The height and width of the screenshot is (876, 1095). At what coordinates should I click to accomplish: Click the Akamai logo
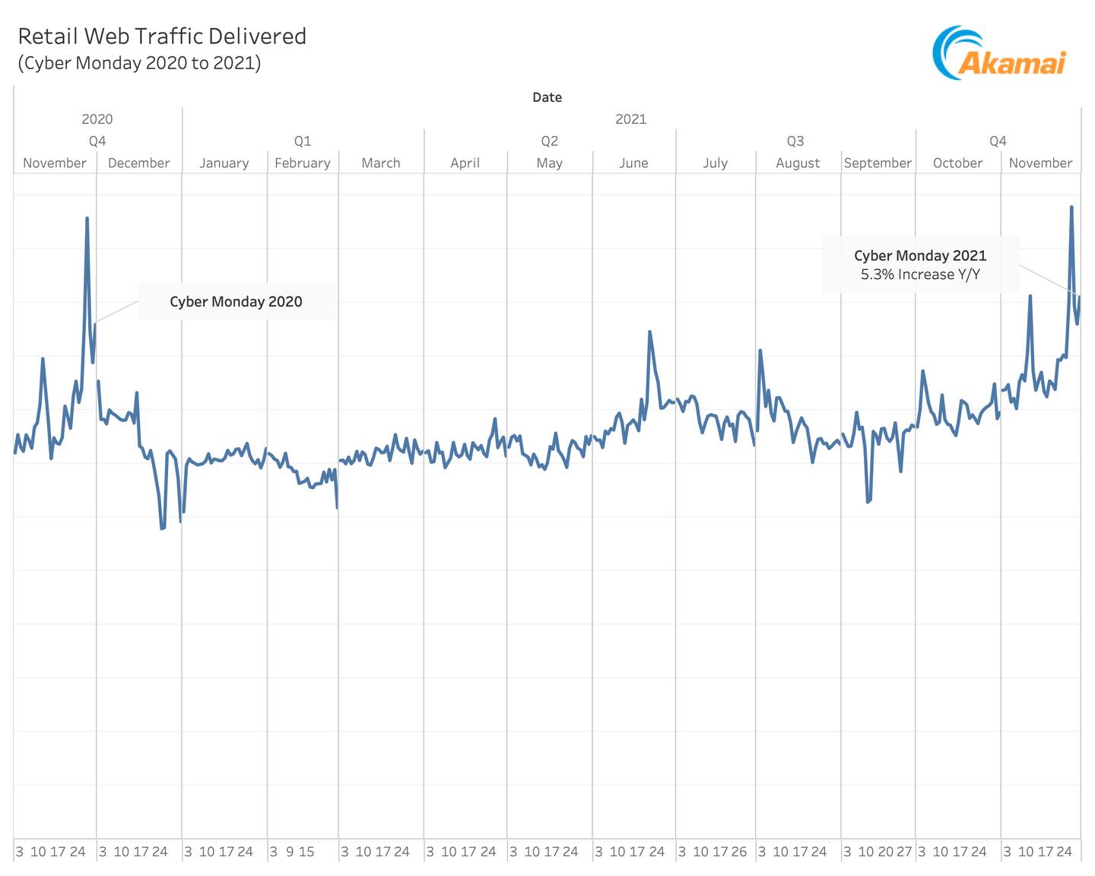click(999, 53)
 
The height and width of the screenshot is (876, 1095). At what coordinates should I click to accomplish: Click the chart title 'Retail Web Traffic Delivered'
click(162, 36)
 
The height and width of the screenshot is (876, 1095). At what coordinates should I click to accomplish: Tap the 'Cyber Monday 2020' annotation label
click(236, 302)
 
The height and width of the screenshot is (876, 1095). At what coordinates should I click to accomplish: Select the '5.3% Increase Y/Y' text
click(920, 275)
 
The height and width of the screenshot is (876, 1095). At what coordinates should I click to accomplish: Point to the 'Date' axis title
click(547, 97)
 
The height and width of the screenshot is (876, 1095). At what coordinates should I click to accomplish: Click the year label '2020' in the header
click(97, 119)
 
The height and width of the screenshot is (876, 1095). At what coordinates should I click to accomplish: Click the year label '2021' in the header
click(630, 119)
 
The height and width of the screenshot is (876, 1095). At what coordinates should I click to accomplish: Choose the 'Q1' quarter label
click(303, 141)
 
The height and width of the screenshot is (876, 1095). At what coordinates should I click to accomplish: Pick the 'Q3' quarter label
click(795, 141)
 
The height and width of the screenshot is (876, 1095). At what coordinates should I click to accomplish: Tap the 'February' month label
click(303, 163)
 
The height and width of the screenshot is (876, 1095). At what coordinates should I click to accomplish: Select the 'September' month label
click(878, 163)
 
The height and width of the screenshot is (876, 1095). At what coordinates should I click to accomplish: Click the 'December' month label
click(138, 163)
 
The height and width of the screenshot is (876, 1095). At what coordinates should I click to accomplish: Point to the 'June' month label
click(633, 163)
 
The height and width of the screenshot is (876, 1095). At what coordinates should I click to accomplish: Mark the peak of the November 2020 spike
click(87, 219)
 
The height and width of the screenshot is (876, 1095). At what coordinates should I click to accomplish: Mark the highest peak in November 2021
click(1071, 207)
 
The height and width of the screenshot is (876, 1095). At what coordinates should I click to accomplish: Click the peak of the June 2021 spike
click(649, 332)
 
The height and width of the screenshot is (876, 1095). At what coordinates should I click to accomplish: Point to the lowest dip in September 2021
click(868, 502)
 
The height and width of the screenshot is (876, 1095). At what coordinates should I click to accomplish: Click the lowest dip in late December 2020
click(162, 528)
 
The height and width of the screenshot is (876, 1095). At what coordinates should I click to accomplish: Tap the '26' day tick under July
click(739, 852)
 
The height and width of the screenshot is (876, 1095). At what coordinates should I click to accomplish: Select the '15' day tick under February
click(306, 852)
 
